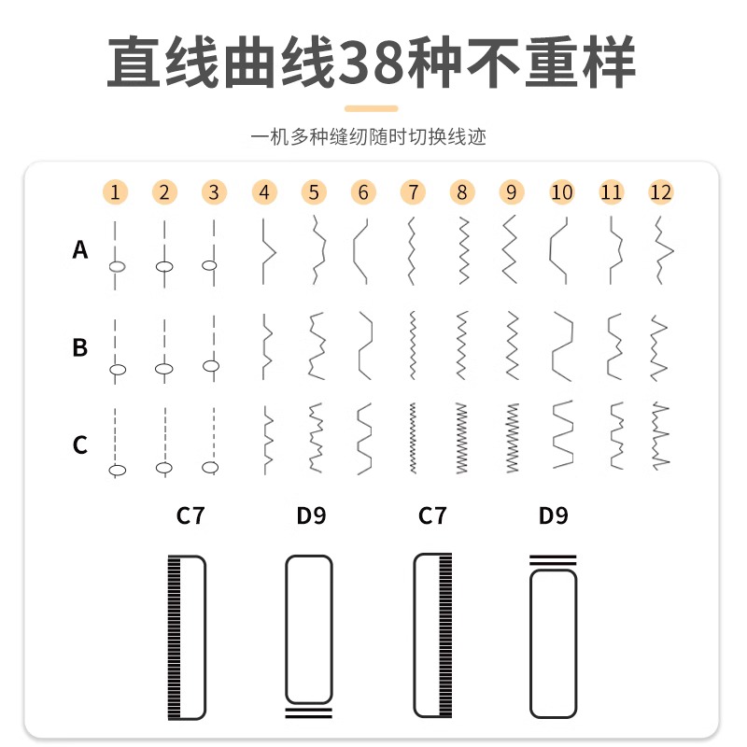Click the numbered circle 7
tap(412, 193)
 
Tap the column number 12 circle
tap(660, 193)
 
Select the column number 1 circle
tap(115, 193)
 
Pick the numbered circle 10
tap(561, 193)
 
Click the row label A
tap(80, 250)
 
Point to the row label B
tap(80, 348)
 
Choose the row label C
tap(80, 445)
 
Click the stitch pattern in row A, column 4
tap(267, 250)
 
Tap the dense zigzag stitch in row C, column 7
tap(412, 437)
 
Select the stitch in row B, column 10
tap(560, 346)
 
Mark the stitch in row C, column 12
tap(660, 436)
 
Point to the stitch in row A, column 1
tap(115, 254)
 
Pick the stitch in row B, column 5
tap(316, 346)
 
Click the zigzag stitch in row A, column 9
tap(510, 250)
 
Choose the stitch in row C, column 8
tap(460, 437)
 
